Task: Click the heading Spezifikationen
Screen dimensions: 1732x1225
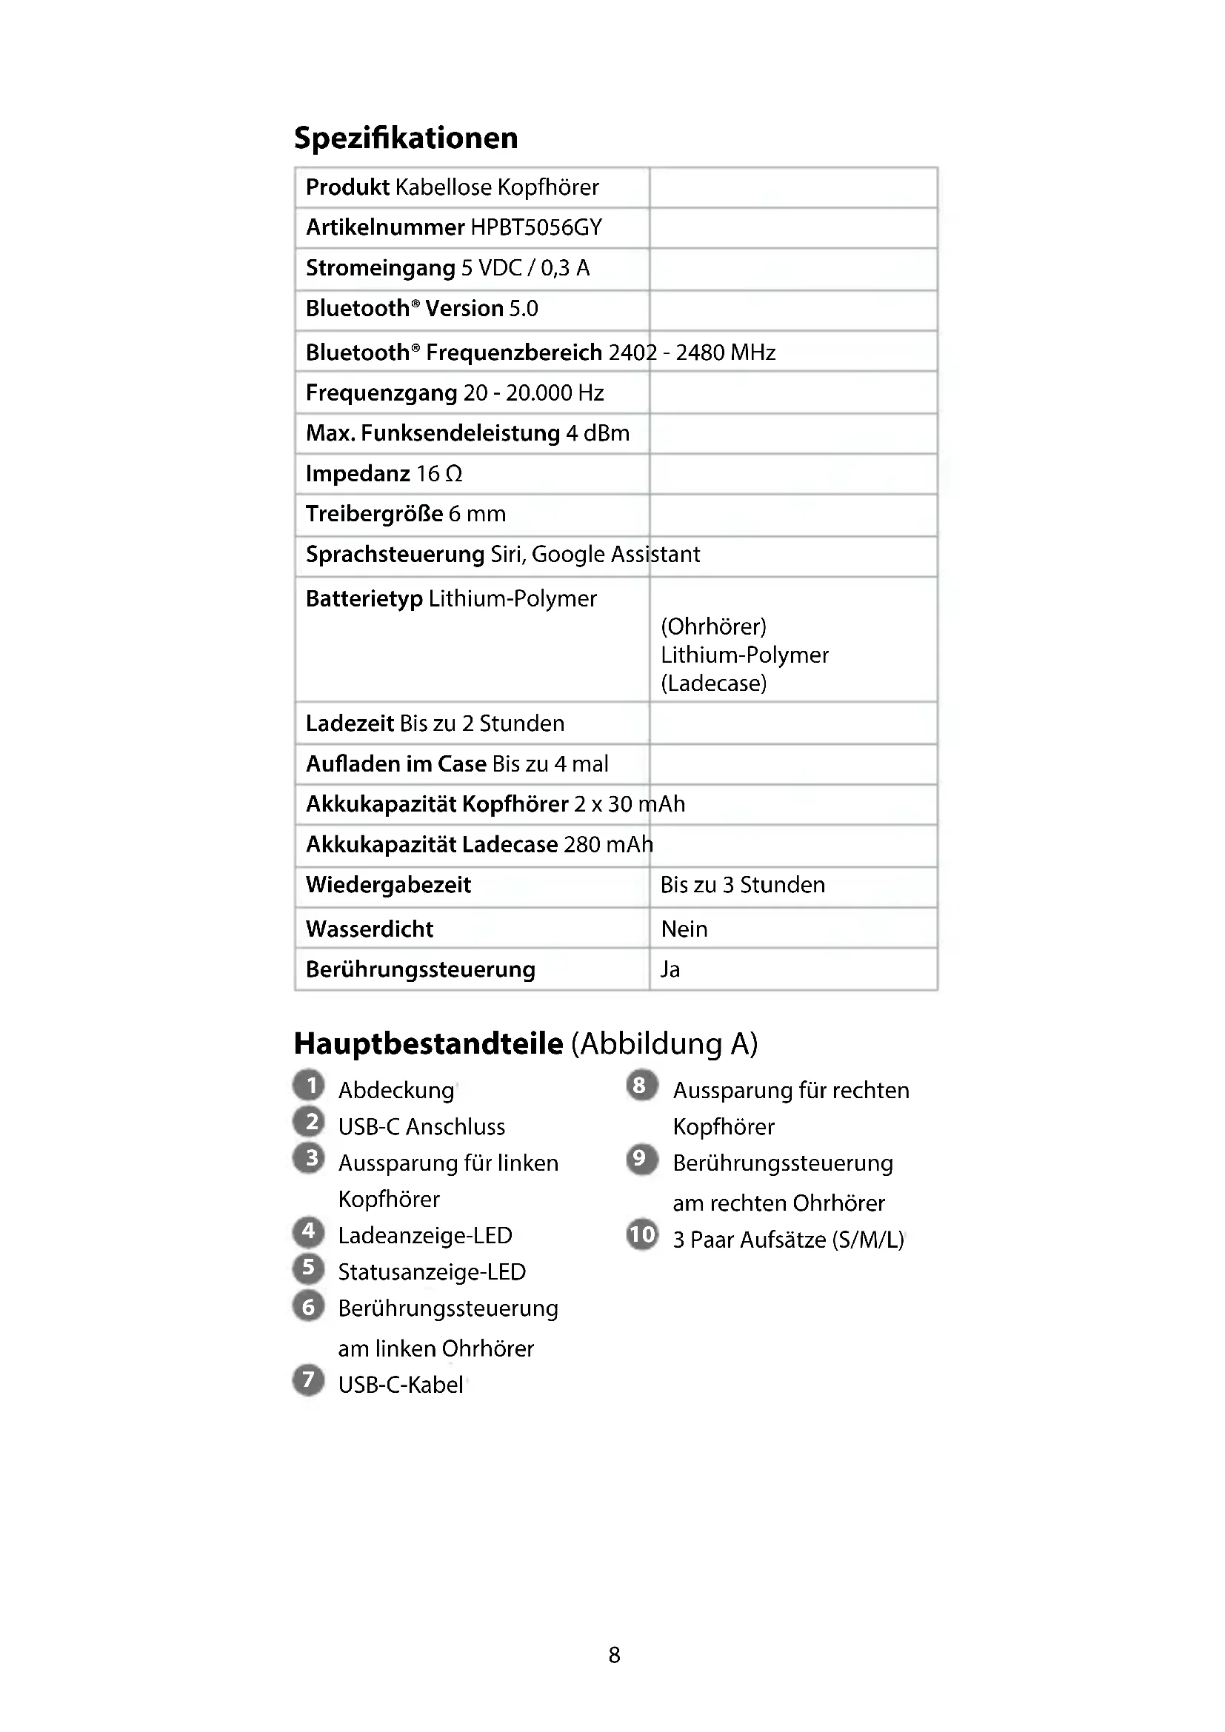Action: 406,138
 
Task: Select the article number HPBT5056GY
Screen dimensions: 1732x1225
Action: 536,227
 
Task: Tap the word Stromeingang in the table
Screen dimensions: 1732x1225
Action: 380,268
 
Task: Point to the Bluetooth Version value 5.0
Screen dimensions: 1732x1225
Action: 524,309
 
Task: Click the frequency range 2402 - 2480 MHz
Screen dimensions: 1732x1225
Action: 692,352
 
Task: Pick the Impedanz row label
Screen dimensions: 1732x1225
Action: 358,474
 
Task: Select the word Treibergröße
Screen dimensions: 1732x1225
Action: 374,514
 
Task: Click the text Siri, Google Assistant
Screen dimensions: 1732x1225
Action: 595,555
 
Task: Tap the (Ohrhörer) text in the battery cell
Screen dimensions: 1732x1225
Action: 713,626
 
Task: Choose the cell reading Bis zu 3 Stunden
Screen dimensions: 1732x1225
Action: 742,885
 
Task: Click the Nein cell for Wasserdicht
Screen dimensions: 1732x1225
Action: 684,929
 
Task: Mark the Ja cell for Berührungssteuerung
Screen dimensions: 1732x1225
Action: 670,969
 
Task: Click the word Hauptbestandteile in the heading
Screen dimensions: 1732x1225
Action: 428,1043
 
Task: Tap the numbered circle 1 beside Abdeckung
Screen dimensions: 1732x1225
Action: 310,1086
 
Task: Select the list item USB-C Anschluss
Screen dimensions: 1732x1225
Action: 421,1127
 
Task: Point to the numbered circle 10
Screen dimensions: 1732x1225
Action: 642,1235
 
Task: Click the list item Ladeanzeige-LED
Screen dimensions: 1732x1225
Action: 424,1236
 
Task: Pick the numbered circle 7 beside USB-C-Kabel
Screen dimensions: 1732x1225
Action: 309,1380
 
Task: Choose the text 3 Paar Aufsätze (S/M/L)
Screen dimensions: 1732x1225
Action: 788,1240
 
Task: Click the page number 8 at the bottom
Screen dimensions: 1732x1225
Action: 614,1655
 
